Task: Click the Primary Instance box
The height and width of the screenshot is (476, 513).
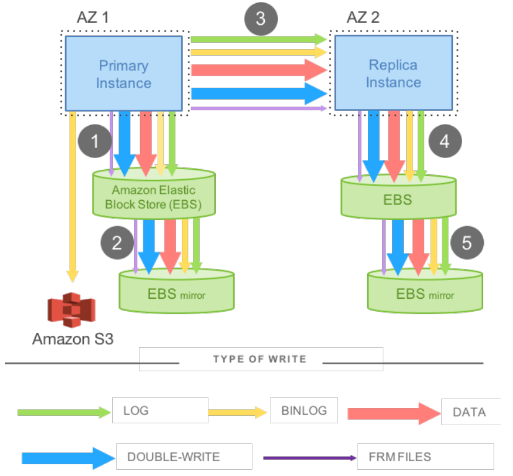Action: [x=123, y=74]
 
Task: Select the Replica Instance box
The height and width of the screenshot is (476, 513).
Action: [x=393, y=73]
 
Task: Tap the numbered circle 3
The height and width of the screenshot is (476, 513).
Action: [x=261, y=19]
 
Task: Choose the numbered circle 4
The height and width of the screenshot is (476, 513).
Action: [x=445, y=141]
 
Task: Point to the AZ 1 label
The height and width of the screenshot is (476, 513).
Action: [x=94, y=16]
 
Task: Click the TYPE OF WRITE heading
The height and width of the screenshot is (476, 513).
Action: [x=259, y=359]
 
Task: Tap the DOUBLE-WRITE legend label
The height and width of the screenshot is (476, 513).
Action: [x=174, y=457]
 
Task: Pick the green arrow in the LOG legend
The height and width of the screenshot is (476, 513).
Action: [x=63, y=412]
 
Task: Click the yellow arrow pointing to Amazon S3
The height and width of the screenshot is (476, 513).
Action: [x=73, y=198]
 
